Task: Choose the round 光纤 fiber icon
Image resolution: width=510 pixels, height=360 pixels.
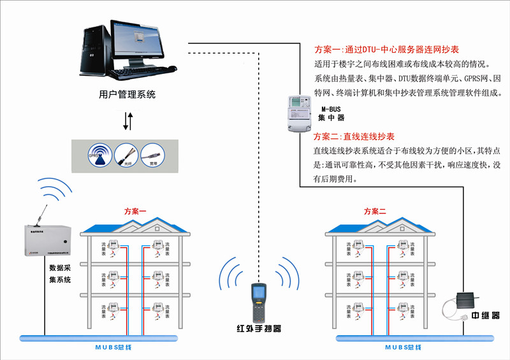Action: (x=126, y=155)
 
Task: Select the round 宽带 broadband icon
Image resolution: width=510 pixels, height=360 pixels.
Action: (x=152, y=155)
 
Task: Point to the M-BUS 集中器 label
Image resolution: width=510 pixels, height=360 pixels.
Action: (x=331, y=113)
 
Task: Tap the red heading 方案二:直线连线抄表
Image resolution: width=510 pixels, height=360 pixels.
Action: (x=354, y=136)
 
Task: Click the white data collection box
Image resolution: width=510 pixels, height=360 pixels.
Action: (x=40, y=240)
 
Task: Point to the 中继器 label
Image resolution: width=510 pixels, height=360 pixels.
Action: (x=486, y=316)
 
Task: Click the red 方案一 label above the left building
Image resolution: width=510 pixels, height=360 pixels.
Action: (x=135, y=211)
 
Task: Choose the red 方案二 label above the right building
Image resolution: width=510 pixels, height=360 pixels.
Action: (x=375, y=211)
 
